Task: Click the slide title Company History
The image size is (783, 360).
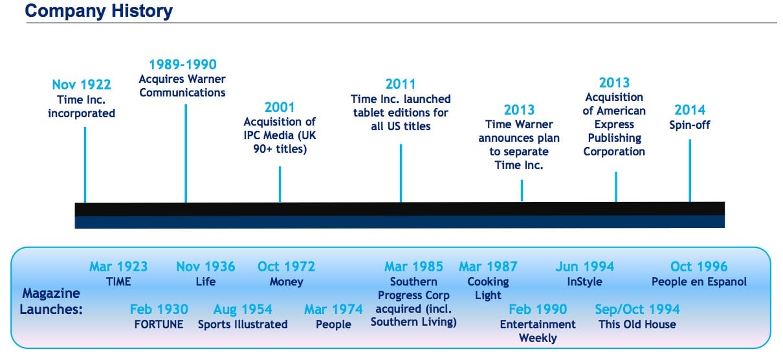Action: click(99, 11)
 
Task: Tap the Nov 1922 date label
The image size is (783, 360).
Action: click(82, 85)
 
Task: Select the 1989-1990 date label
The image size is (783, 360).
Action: click(183, 65)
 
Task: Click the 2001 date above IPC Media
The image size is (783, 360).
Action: click(280, 107)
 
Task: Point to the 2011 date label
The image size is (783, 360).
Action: click(401, 84)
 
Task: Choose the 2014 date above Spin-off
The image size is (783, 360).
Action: click(690, 110)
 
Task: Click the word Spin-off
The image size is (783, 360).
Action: click(690, 125)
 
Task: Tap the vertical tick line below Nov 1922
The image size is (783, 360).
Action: click(85, 164)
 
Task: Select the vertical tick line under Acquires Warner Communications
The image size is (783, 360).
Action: click(186, 153)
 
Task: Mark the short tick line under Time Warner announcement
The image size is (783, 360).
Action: click(522, 190)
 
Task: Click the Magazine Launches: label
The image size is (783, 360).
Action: click(51, 301)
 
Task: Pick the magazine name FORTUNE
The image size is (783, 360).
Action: click(159, 324)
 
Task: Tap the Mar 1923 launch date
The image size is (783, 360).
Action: click(118, 267)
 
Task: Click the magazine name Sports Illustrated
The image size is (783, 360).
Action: click(243, 324)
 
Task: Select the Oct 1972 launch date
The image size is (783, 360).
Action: click(286, 267)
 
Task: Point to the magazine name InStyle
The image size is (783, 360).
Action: click(585, 282)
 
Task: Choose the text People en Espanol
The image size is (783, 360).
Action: click(699, 282)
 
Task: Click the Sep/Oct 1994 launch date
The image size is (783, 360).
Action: click(637, 309)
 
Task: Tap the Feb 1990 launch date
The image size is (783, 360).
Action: click(538, 309)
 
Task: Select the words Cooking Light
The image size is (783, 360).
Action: click(488, 288)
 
